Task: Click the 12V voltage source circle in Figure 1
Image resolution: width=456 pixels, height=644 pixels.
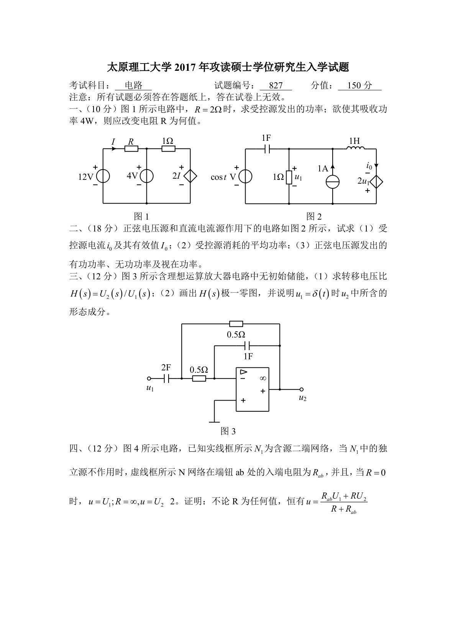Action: (x=103, y=176)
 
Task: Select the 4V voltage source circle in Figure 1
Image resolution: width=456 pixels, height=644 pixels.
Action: (x=147, y=176)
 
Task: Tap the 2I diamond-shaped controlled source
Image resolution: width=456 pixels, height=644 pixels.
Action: (x=190, y=176)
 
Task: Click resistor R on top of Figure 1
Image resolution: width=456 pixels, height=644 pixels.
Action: (x=131, y=149)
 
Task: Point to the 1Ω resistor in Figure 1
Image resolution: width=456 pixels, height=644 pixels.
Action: (x=168, y=149)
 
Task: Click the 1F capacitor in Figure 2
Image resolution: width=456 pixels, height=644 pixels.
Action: (x=267, y=149)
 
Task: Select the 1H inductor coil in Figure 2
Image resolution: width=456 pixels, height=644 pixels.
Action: (x=355, y=149)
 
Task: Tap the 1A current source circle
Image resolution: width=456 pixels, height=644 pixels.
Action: (x=332, y=181)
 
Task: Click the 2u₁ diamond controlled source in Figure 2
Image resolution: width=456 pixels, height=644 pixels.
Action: (x=376, y=181)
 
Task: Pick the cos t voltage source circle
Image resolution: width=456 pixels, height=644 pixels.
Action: (x=245, y=176)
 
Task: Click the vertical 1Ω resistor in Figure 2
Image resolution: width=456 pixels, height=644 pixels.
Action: (x=289, y=177)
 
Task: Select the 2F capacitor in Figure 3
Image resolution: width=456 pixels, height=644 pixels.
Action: (x=166, y=378)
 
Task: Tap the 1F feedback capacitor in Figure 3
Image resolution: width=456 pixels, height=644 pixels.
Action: (x=248, y=346)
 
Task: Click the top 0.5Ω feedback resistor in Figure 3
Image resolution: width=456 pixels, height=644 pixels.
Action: (x=236, y=324)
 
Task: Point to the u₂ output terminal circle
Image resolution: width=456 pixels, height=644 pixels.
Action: (x=302, y=390)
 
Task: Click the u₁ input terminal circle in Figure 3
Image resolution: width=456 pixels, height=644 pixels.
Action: (x=149, y=378)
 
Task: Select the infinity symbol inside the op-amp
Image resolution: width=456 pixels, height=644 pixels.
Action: (x=262, y=378)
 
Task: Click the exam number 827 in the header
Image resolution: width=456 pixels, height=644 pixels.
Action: (x=276, y=85)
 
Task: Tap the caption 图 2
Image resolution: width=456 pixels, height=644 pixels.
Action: (x=314, y=217)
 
